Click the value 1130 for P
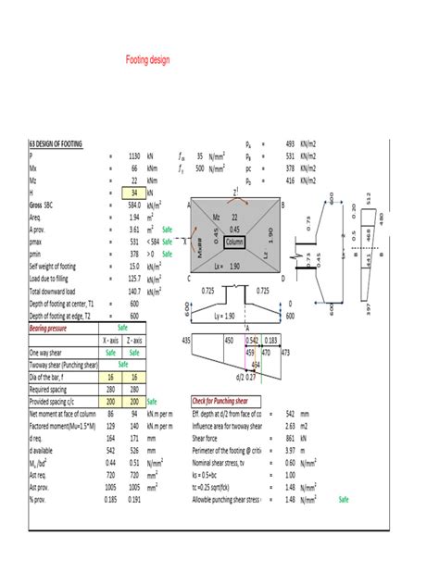(x=134, y=156)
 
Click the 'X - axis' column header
(x=110, y=340)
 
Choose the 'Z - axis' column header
(x=135, y=340)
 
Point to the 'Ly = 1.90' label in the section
(x=235, y=316)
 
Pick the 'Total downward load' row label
(x=58, y=291)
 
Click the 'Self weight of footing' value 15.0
(x=133, y=267)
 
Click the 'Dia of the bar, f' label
(x=52, y=377)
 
